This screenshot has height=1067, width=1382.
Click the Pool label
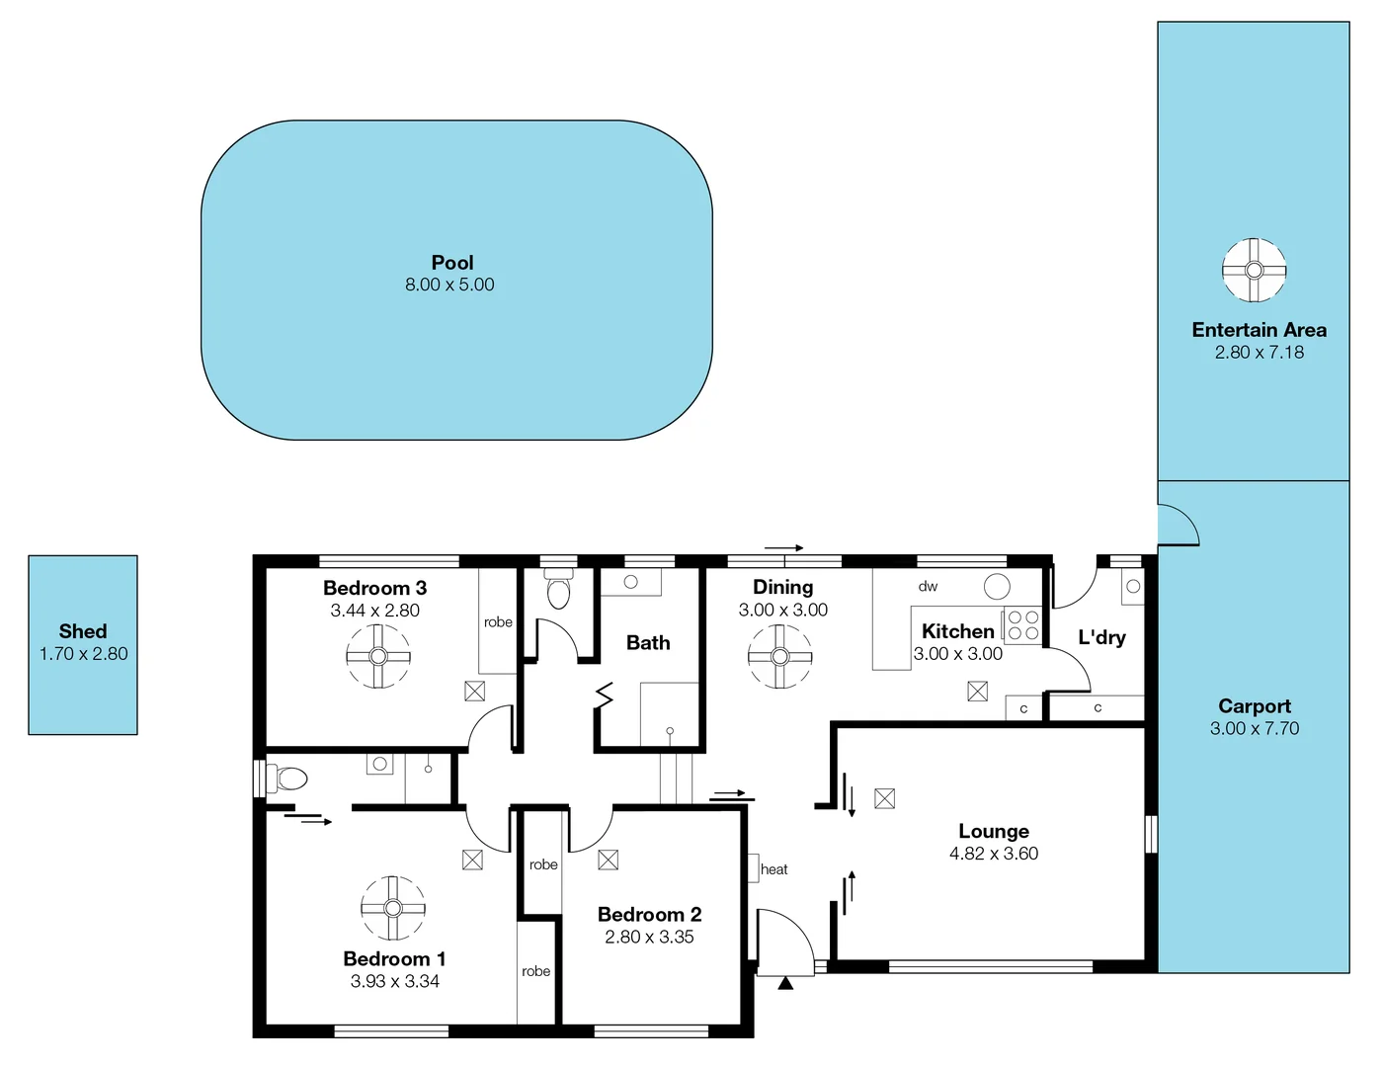(x=452, y=263)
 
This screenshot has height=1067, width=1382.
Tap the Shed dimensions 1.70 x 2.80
(x=84, y=654)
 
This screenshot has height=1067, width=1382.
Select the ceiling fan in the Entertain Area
(x=1254, y=270)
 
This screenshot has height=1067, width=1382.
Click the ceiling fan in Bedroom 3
(x=378, y=656)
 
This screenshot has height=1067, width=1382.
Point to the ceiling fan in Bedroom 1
(x=392, y=908)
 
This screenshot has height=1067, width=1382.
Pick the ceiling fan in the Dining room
(x=779, y=656)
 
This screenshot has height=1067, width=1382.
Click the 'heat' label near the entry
(x=773, y=869)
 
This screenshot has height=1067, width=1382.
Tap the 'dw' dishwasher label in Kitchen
(x=928, y=586)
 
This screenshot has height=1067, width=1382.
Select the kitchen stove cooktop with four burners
(x=1022, y=625)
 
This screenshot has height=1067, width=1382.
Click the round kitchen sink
(x=997, y=586)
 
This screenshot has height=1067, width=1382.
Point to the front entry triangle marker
(x=785, y=983)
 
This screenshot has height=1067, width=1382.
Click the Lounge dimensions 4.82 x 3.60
(x=994, y=854)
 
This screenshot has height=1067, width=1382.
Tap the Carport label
(x=1254, y=706)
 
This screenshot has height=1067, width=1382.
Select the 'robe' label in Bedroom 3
(x=498, y=622)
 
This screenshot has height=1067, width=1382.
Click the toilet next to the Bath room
(x=559, y=592)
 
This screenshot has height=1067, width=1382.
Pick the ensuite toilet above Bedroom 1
(x=289, y=779)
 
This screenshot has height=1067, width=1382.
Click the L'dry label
(x=1101, y=637)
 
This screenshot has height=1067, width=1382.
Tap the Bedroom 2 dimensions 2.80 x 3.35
(x=649, y=937)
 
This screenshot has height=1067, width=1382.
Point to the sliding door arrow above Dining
(x=784, y=547)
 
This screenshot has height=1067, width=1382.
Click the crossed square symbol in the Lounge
(x=884, y=798)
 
